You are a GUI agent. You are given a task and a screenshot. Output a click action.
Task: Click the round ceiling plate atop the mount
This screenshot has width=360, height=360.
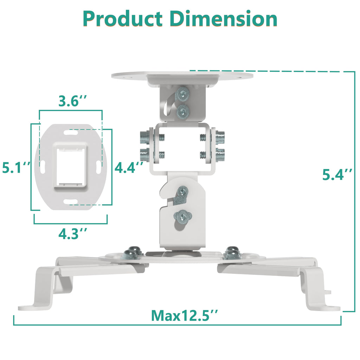point(182,75)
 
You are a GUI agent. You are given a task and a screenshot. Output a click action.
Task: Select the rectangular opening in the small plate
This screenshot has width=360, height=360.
point(70,166)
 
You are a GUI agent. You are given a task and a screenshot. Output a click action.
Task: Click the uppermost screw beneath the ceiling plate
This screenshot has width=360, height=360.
point(183,94)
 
